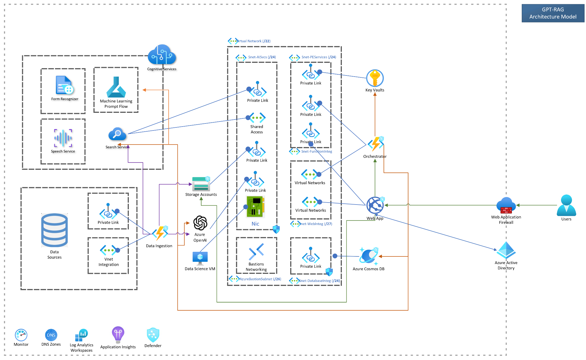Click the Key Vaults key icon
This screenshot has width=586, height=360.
pos(375,78)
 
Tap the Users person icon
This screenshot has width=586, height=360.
pos(566,206)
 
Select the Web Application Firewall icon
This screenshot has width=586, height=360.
pos(506,206)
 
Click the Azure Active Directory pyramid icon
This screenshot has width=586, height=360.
pos(506,251)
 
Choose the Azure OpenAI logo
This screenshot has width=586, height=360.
pos(200,223)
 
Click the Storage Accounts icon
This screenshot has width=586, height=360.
pos(201,184)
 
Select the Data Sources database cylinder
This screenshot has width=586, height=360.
pos(54,230)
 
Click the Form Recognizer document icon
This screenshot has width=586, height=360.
pos(64,85)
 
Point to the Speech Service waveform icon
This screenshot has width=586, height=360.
pos(63,138)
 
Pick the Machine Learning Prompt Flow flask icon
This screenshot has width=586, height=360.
pos(116,87)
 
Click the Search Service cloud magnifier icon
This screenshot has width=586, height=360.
pos(117,134)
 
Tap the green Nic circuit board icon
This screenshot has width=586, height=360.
pos(255,207)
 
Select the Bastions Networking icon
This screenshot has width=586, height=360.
pos(256,251)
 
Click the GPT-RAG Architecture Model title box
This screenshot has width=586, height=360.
pos(553,13)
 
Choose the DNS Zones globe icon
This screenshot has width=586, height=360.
pos(51,335)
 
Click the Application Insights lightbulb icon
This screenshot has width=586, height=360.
pos(118,334)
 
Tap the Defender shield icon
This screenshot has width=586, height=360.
pos(153,335)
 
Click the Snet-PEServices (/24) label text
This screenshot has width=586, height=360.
pos(319,57)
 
